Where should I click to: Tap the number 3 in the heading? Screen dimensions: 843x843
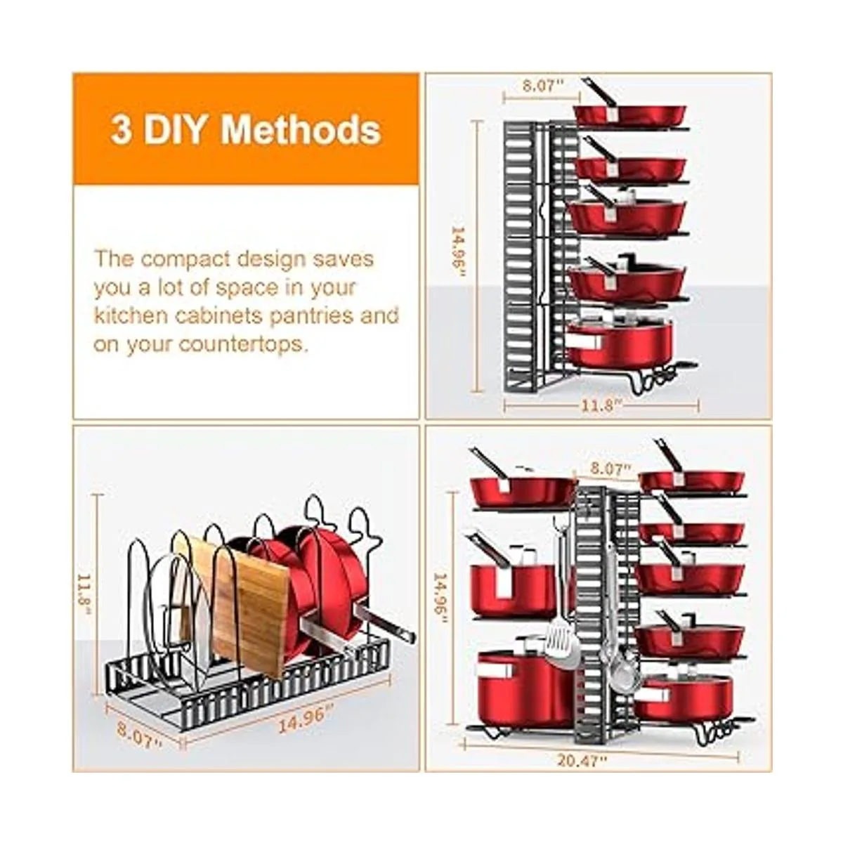click(121, 131)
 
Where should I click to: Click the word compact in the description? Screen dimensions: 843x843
click(186, 259)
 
